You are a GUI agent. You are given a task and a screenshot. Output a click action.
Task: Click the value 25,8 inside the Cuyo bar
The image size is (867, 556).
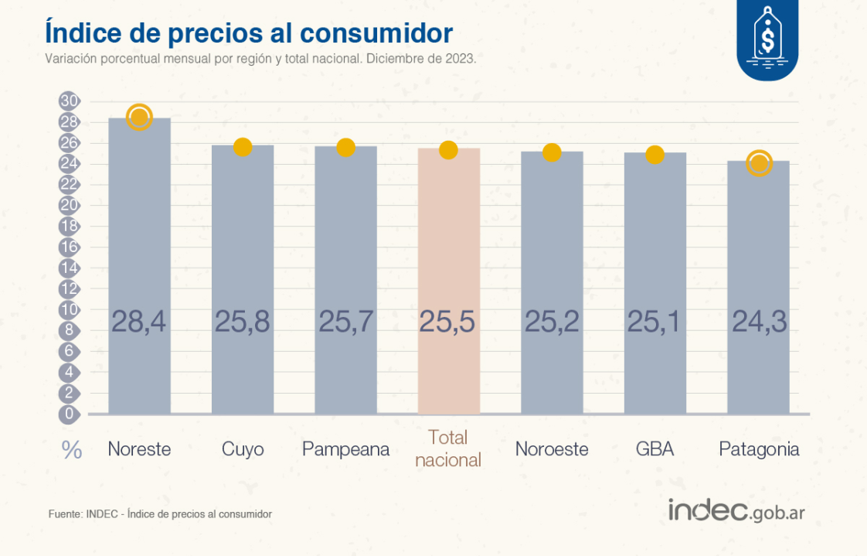click(243, 321)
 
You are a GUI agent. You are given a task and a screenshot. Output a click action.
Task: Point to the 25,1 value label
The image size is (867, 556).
click(654, 321)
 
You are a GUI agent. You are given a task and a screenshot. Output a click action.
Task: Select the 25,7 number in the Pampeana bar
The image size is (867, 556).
click(345, 321)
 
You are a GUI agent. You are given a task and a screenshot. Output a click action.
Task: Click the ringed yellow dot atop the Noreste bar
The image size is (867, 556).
click(139, 118)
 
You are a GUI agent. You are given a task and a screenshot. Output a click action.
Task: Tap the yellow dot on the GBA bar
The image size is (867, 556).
click(654, 155)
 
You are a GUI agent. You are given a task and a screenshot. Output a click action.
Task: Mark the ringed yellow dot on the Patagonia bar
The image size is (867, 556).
click(759, 162)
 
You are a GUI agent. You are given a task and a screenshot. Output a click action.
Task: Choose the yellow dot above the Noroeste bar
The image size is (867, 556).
click(551, 152)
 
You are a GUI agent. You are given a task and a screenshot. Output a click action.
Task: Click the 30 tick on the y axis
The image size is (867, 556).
click(69, 101)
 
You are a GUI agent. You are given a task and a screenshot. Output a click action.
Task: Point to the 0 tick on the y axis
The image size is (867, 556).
click(69, 414)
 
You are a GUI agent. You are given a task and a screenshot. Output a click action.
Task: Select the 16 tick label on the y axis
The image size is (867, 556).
click(69, 247)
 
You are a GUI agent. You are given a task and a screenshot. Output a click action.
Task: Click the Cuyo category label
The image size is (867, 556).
click(243, 449)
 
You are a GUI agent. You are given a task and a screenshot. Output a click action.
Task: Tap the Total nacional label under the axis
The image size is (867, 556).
click(448, 449)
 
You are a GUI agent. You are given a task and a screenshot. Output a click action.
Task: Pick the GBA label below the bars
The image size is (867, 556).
click(654, 449)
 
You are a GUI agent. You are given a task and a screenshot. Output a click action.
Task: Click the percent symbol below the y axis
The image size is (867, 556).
click(72, 451)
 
